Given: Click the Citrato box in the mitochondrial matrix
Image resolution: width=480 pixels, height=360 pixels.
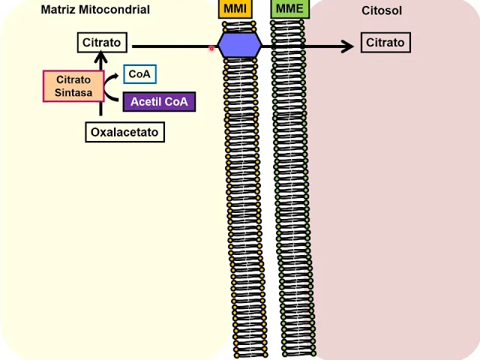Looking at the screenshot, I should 102,43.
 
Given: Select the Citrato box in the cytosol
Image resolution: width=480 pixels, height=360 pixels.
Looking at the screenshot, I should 385,43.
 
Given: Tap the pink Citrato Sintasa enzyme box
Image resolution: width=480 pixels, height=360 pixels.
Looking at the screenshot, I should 73,86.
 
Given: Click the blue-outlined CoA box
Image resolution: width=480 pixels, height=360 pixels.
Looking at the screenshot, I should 139,74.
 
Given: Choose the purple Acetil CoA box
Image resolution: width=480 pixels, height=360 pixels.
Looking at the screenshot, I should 159,101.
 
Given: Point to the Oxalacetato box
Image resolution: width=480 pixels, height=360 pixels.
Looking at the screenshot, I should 124,133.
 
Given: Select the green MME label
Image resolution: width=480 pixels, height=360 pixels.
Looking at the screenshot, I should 288,9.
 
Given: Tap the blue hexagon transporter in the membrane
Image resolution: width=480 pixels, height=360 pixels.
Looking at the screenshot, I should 240,46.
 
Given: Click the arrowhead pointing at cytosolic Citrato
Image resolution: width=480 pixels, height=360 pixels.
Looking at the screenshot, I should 346,46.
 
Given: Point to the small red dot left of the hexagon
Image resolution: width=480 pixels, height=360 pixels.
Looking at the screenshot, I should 211,49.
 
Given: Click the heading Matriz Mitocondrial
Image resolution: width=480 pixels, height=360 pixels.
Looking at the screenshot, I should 95,10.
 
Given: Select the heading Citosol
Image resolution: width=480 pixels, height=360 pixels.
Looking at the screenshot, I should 382,10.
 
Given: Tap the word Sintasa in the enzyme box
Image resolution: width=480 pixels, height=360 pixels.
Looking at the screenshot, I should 73,93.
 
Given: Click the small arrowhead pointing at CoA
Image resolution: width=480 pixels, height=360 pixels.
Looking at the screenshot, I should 118,75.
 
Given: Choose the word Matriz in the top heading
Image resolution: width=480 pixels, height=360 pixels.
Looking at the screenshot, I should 57,10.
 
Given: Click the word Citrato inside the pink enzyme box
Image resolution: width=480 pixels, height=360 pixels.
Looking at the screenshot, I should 73,79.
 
